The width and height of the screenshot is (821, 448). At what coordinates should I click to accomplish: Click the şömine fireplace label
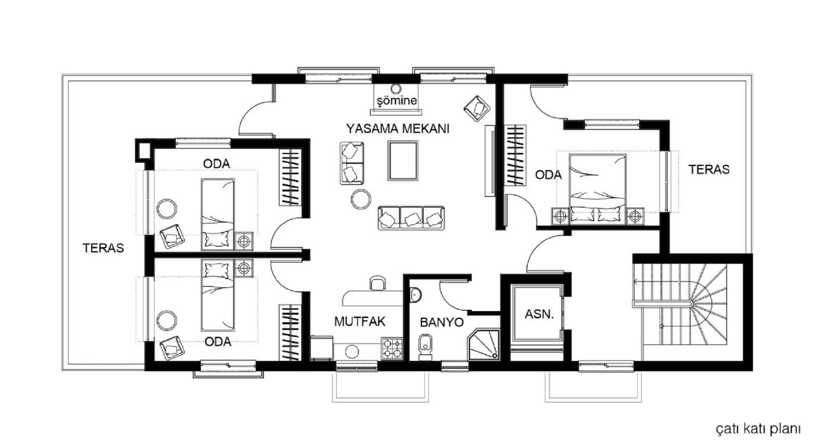(x=397, y=101)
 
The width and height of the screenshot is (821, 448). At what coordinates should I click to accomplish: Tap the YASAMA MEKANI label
(x=398, y=129)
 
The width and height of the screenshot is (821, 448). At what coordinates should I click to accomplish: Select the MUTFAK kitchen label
(x=360, y=321)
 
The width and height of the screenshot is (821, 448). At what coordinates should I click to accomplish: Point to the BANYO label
(x=442, y=322)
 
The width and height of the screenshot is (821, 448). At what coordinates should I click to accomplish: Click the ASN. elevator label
(x=539, y=314)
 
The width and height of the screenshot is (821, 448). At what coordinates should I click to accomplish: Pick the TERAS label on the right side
(x=709, y=169)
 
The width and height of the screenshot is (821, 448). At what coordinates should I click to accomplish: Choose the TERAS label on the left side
(x=103, y=248)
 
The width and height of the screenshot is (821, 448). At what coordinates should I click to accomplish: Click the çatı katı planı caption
(x=758, y=429)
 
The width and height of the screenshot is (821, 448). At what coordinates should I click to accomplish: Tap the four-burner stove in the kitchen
(x=392, y=349)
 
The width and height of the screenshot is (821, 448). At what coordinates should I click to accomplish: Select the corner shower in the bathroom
(x=484, y=344)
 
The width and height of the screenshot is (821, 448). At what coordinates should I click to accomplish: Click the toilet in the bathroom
(x=426, y=347)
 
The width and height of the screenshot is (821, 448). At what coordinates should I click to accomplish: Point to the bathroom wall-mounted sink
(x=415, y=295)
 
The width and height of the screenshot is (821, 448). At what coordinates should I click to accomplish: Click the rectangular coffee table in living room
(x=403, y=161)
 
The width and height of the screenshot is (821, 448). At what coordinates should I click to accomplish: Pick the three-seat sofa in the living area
(x=411, y=218)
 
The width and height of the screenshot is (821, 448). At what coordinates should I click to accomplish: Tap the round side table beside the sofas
(x=361, y=199)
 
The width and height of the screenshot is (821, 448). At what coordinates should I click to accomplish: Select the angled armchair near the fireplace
(x=477, y=109)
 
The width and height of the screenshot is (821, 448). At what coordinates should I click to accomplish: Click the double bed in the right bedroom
(x=598, y=189)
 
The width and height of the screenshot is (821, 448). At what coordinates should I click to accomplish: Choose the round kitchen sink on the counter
(x=352, y=351)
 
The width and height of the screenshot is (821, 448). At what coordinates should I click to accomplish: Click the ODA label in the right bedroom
(x=548, y=175)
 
